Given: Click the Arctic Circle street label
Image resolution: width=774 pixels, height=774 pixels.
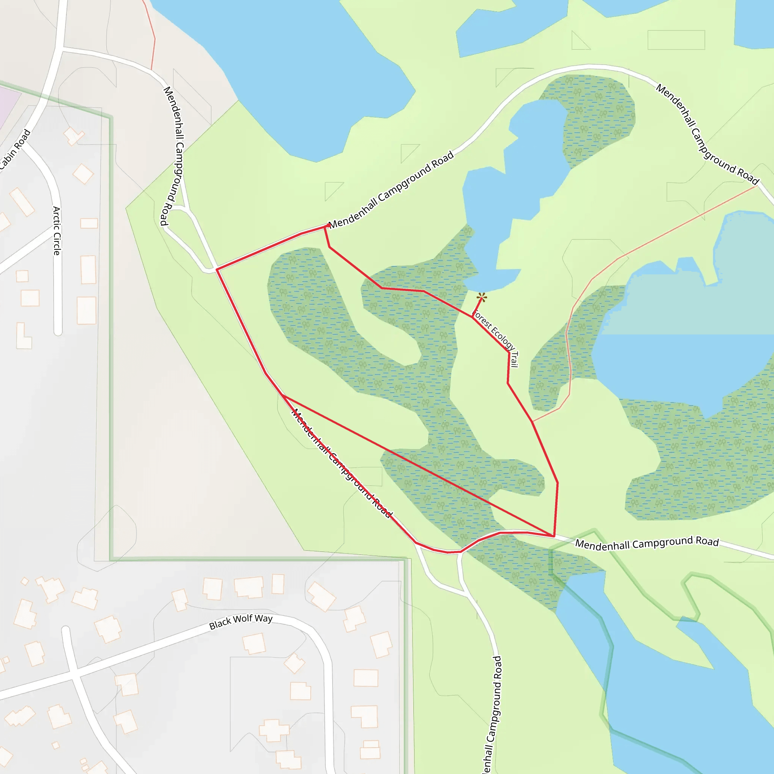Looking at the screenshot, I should coord(57,231).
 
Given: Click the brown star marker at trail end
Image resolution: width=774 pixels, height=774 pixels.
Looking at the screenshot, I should coord(482,297).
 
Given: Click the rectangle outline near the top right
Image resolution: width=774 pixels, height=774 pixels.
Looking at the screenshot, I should coord(676,40).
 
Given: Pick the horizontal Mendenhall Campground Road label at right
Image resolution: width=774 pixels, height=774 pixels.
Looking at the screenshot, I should coord(647,543).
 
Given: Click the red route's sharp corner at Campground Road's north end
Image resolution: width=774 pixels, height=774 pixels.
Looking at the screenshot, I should coord(325,227).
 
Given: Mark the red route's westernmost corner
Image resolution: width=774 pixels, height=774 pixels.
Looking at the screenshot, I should coord(217,269).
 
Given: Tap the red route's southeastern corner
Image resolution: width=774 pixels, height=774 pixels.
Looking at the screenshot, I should coord(554,536).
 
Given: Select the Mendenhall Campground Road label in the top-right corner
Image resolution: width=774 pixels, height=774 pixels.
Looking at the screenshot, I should coord(707,134).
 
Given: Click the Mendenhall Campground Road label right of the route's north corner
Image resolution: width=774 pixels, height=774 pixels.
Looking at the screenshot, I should coord(391,189).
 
